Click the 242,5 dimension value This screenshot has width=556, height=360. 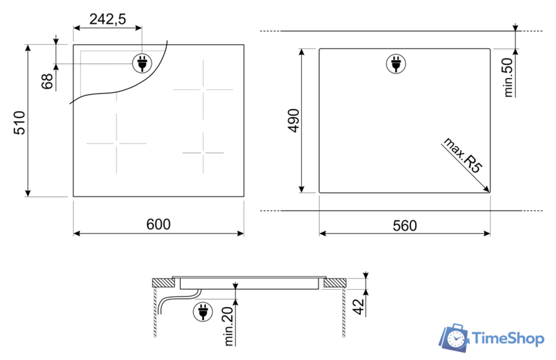pos(107,19)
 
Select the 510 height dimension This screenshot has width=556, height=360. pos(20,122)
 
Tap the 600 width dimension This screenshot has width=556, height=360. pos(158,224)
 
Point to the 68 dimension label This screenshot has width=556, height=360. pos(47,81)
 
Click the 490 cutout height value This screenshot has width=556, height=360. pos(294,120)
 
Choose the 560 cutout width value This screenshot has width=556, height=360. pos(404,226)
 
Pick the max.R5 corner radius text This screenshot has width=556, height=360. pos(463,156)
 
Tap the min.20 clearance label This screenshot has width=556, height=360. pos(229,326)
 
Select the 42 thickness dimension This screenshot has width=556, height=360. pos(359,307)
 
